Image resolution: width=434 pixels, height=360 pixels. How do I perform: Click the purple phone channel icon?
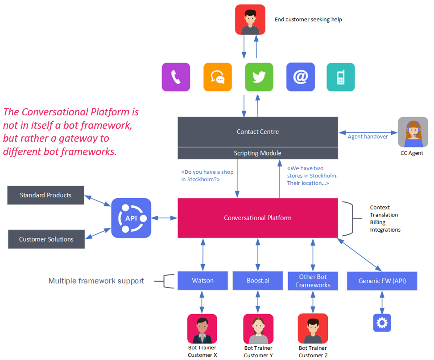coord(176,77)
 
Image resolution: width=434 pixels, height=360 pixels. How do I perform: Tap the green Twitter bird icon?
coord(259,77)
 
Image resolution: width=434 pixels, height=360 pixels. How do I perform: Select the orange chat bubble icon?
coord(218,77)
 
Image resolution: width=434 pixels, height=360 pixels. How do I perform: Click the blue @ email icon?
coord(300,77)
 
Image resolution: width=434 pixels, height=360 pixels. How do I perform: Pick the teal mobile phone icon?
coord(341,77)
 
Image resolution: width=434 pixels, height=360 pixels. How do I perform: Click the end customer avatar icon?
coord(250,20)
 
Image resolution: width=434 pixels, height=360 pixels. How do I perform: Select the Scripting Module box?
coord(258,153)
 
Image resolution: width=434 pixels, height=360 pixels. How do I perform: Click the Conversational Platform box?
coord(258,218)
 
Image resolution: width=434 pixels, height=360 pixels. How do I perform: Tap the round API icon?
coord(131,218)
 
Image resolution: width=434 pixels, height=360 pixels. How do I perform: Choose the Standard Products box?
coord(45,195)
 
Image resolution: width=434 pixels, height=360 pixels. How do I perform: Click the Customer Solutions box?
coord(46,239)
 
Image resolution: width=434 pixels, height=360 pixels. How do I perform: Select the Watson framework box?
coord(203,281)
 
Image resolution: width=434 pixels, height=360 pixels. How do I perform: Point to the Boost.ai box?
coord(258,281)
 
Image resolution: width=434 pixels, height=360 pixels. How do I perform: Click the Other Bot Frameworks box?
coord(313,281)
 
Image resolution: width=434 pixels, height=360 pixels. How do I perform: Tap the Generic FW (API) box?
coord(382,281)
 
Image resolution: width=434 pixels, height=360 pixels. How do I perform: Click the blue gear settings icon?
coord(382,323)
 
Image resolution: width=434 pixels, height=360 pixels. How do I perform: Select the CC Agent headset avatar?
coord(413,132)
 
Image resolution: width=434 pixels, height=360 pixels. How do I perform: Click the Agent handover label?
coord(368,136)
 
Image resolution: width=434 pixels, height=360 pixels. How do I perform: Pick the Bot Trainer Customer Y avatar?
coord(258,329)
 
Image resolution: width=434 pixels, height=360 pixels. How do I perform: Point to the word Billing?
coord(378,222)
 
